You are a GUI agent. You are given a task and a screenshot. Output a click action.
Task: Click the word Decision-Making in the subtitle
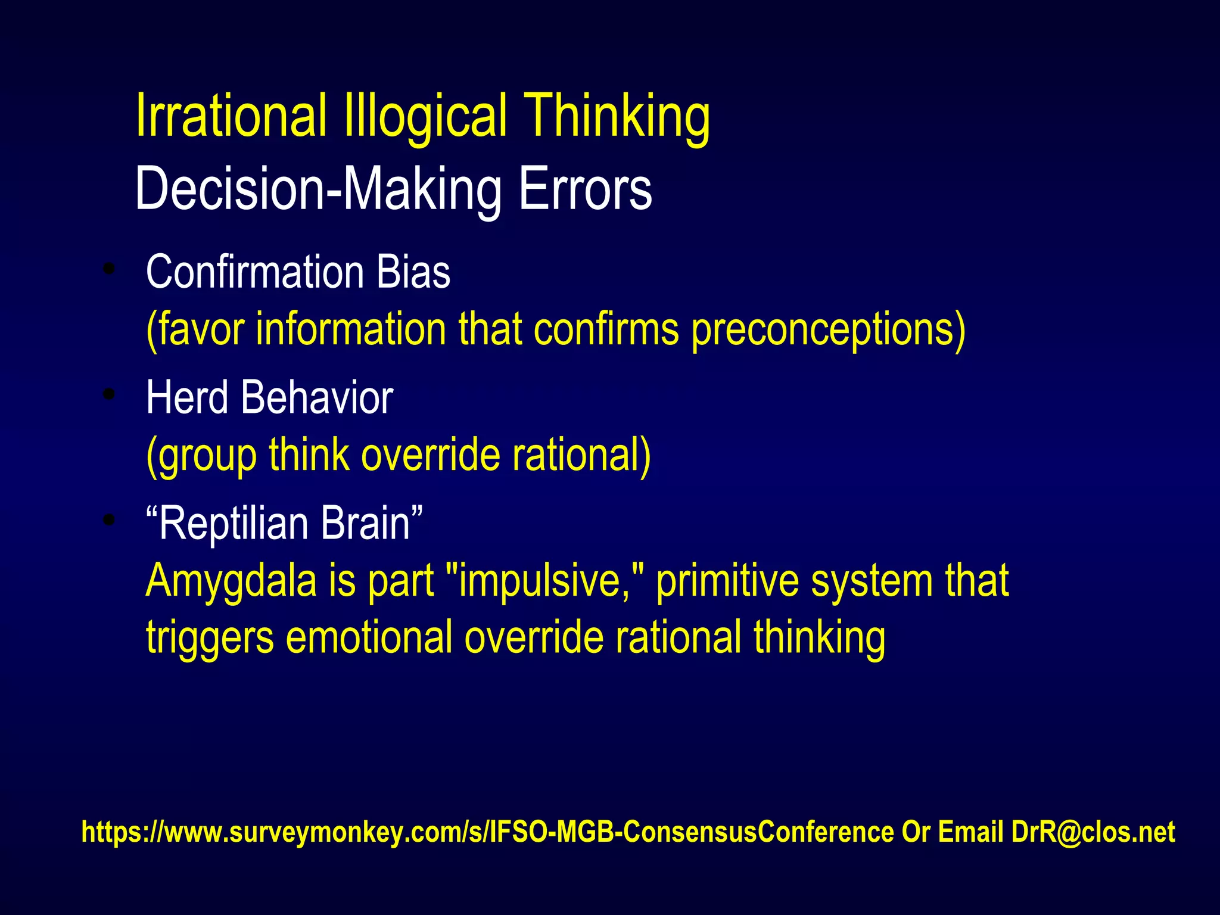(318, 189)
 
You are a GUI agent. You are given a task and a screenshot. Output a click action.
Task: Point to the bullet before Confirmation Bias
(108, 269)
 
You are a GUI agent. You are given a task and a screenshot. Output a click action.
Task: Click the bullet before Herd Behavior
(108, 394)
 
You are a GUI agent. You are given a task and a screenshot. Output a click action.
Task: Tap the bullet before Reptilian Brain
(108, 519)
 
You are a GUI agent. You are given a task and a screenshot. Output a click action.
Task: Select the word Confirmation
(254, 272)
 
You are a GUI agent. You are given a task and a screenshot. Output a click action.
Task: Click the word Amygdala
(231, 581)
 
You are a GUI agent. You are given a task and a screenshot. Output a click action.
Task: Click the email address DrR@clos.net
(1093, 832)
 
